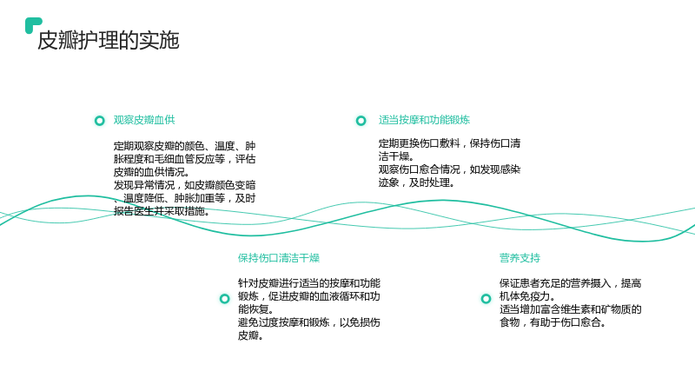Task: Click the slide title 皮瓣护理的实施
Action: pos(108,40)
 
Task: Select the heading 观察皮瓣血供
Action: pos(144,120)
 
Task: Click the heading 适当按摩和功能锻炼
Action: pos(424,120)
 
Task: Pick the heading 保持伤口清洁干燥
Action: pos(279,258)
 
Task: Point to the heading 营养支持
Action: pos(520,258)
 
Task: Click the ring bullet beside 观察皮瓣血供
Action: pos(100,121)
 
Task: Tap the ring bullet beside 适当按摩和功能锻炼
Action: pos(361,121)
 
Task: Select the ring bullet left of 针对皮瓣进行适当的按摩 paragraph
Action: pos(225,299)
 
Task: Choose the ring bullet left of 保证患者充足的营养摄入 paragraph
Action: pos(486,299)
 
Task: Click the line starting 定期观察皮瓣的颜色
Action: pos(184,146)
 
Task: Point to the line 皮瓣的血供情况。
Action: pos(151,172)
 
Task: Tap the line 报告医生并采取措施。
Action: pos(162,211)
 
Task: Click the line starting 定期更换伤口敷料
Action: pos(449,143)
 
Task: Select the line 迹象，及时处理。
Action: pos(417,182)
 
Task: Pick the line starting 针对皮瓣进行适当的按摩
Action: pos(309,283)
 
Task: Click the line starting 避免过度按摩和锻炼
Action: pos(309,322)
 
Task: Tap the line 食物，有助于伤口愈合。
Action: pos(553,322)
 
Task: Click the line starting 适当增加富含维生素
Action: pos(571,309)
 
